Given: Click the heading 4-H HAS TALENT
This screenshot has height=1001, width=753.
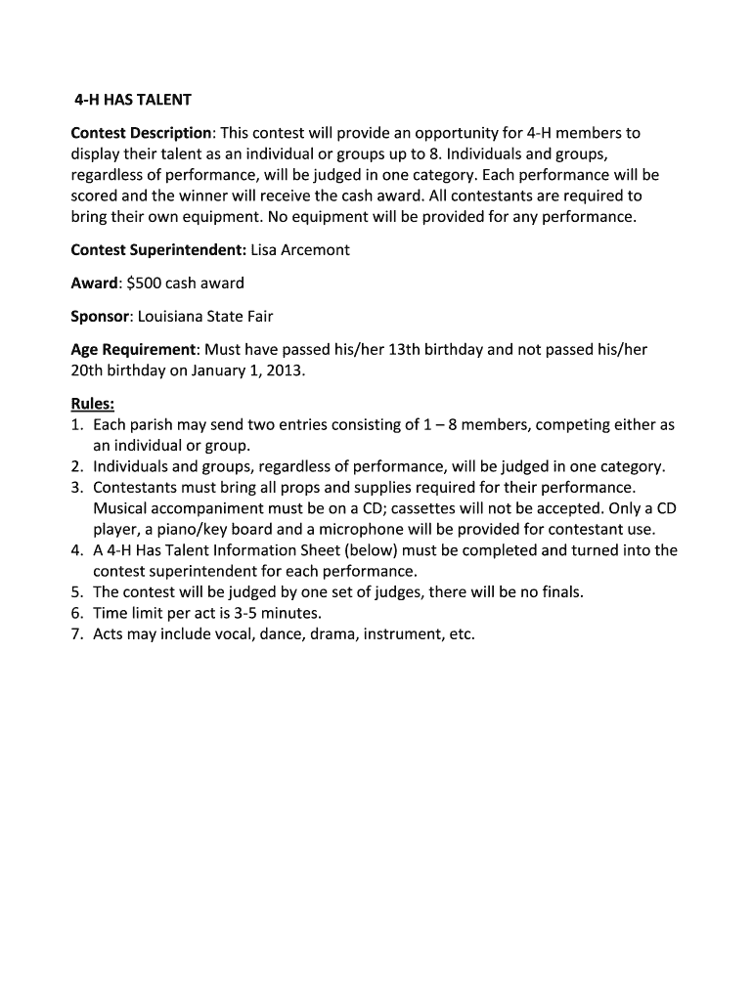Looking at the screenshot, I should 134,101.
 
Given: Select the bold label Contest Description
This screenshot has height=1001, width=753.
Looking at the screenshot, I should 141,133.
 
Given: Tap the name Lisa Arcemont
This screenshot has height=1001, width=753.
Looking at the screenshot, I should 300,250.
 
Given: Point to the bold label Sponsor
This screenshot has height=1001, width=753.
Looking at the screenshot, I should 100,317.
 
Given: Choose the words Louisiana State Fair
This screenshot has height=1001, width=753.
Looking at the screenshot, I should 205,317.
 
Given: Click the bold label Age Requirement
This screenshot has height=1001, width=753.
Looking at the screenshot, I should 134,350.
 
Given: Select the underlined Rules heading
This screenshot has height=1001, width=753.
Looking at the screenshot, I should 93,404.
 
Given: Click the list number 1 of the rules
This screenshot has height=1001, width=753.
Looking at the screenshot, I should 76,425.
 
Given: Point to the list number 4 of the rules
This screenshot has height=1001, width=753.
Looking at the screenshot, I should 76,550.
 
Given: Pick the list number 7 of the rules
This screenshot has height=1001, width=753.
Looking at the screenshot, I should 76,634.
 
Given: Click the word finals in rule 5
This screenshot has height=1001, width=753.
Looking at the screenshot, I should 560,592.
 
